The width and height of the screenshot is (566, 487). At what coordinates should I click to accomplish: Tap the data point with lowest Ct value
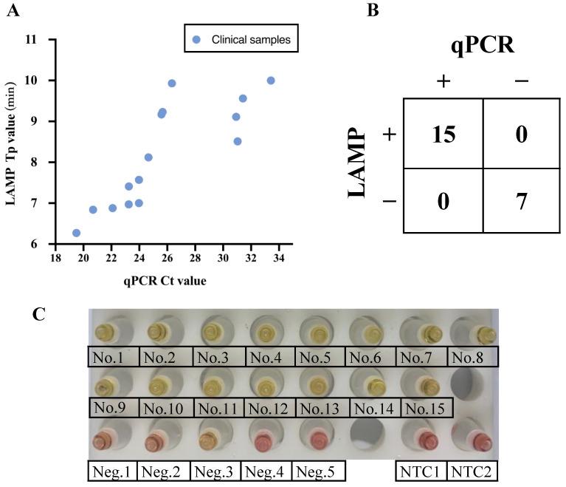pos(76,233)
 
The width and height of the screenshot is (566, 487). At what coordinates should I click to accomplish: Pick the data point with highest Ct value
pos(271,81)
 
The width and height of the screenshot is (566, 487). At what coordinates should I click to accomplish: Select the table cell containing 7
pos(521,200)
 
